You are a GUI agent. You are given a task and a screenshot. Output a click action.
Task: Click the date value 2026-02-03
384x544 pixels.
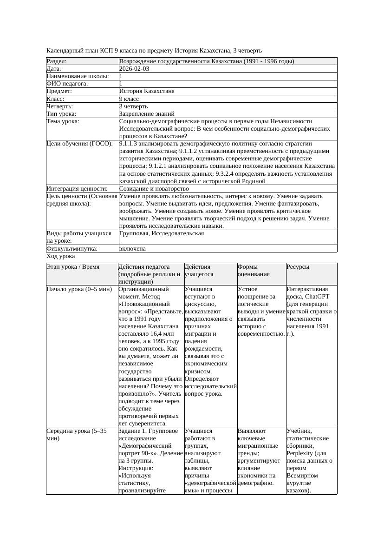click(x=134, y=69)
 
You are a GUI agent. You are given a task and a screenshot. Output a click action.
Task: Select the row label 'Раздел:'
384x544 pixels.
click(x=57, y=61)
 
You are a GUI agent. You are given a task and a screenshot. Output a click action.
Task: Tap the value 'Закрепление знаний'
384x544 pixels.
click(x=147, y=114)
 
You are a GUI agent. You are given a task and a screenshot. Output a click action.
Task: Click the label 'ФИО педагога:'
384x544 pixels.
click(x=67, y=84)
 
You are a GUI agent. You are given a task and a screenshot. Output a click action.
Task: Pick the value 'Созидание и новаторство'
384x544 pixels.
click(x=154, y=189)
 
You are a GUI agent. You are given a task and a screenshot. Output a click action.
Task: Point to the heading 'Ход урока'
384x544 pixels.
click(x=61, y=256)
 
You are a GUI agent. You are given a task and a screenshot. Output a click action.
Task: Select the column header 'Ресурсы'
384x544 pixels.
click(x=298, y=267)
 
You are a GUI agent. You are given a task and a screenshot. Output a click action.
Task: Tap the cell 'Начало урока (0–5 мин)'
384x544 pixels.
click(x=79, y=289)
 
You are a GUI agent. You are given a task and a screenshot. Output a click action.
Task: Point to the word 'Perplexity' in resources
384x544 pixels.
click(x=302, y=453)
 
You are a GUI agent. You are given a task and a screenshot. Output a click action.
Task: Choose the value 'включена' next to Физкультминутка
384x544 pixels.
click(x=132, y=249)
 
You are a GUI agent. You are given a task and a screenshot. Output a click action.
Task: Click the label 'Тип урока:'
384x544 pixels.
click(x=61, y=114)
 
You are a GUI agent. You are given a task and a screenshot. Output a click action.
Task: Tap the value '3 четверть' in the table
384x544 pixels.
click(x=133, y=106)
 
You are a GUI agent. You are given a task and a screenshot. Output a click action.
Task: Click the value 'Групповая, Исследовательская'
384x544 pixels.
click(x=162, y=233)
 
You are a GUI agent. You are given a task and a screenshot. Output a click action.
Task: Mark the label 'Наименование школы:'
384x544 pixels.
click(x=78, y=76)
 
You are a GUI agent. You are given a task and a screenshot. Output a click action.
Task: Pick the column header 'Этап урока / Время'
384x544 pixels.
click(x=76, y=267)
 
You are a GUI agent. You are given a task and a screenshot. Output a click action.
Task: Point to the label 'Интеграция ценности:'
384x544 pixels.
click(x=77, y=189)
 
